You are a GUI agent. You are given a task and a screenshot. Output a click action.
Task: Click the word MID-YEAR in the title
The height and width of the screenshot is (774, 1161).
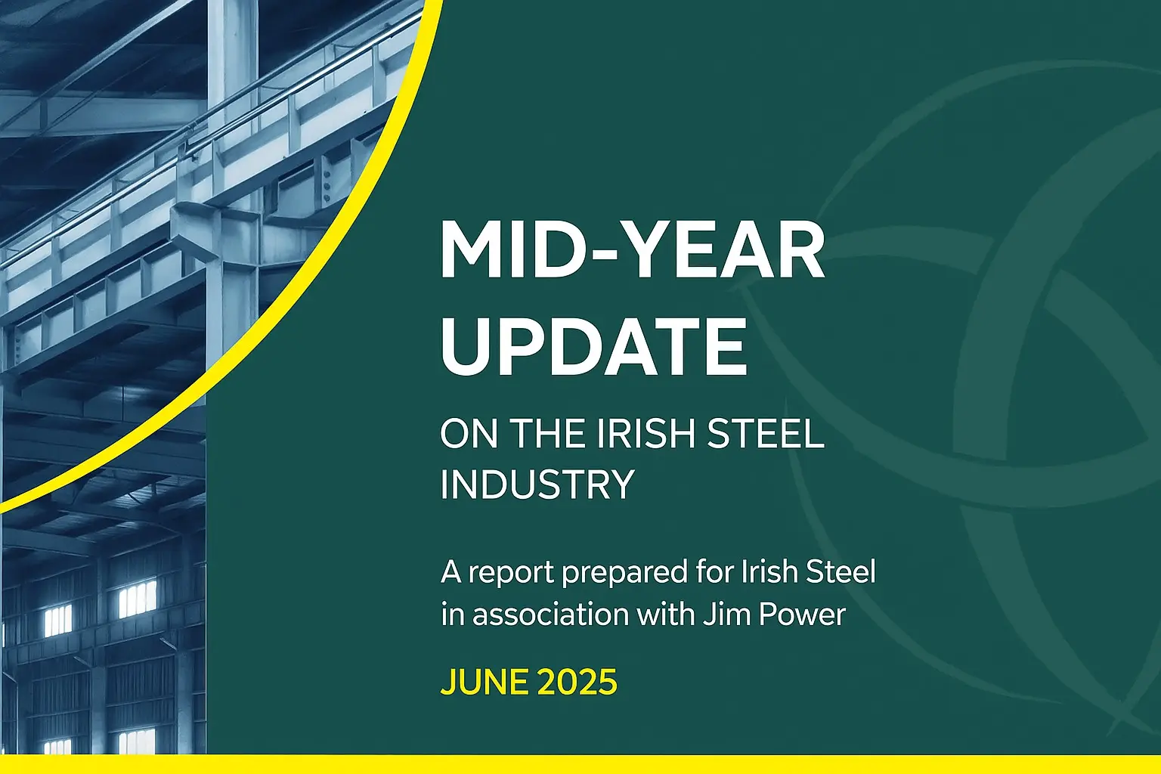(x=633, y=250)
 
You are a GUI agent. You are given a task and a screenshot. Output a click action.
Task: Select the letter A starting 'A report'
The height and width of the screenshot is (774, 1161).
(x=451, y=572)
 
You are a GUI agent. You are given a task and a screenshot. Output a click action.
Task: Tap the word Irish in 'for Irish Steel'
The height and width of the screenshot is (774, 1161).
(x=769, y=572)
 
